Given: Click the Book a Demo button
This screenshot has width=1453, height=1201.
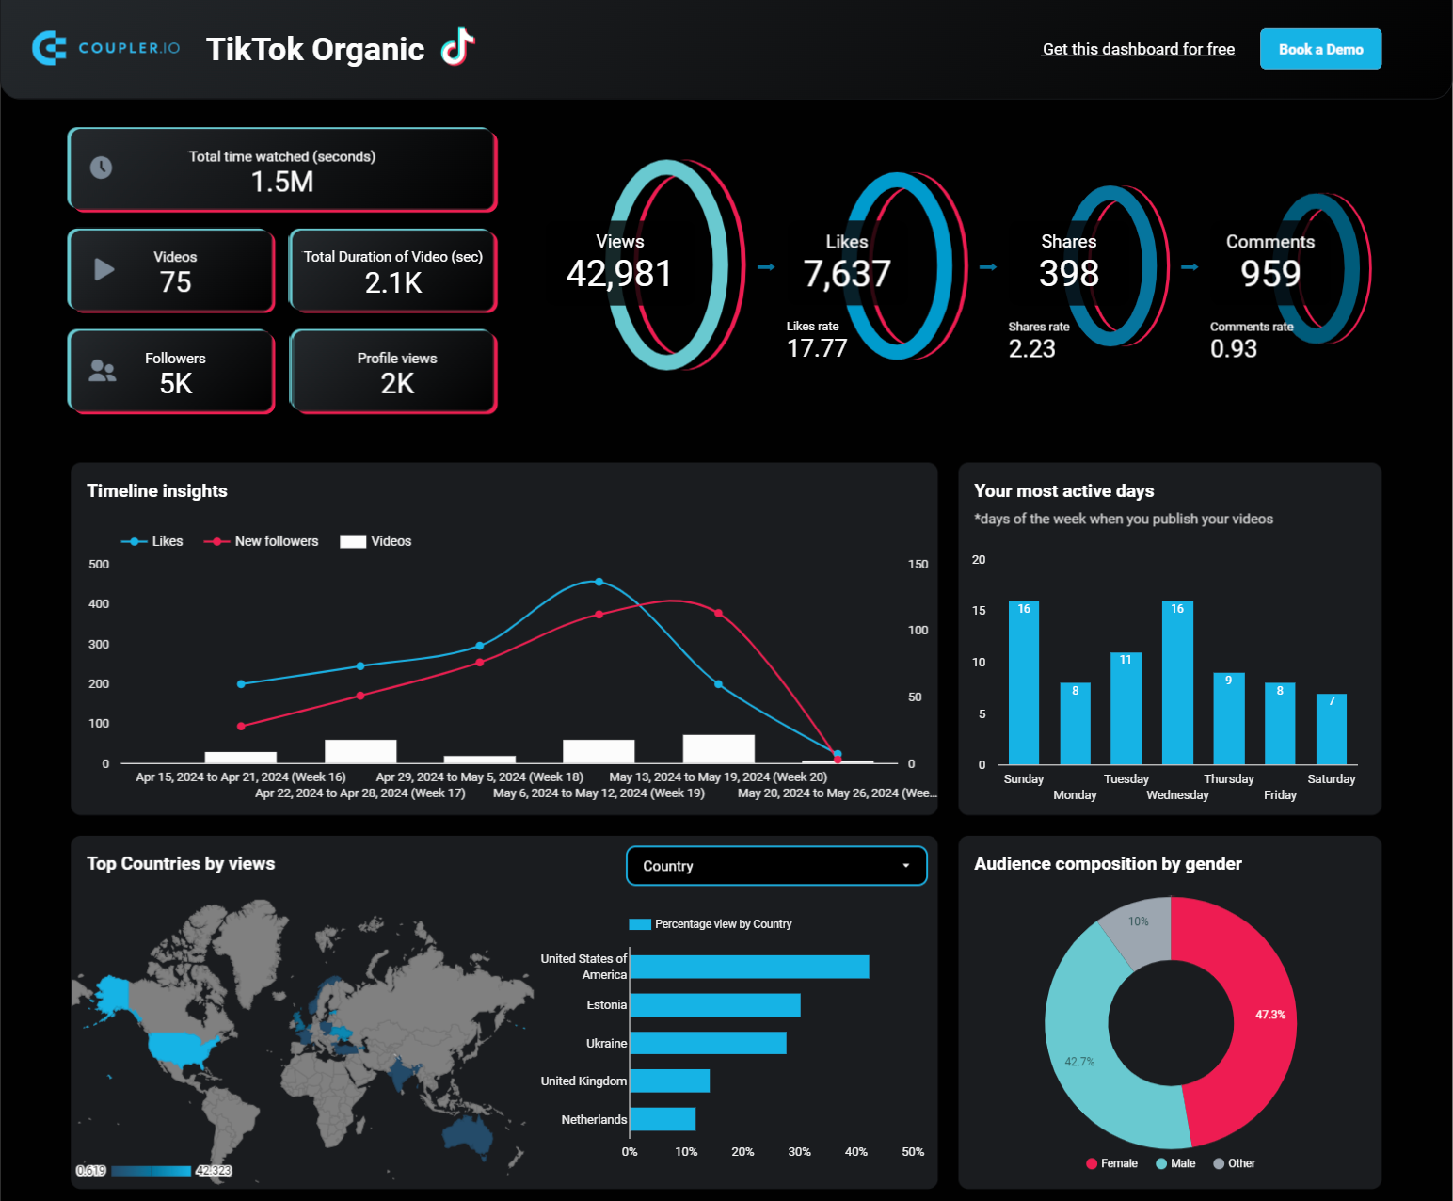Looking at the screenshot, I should click(x=1319, y=49).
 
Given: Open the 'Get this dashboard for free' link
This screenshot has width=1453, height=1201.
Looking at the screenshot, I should click(x=1138, y=49).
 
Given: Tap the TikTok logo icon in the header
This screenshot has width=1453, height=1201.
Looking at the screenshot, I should click(x=458, y=47).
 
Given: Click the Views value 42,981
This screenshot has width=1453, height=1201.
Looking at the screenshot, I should click(x=619, y=274).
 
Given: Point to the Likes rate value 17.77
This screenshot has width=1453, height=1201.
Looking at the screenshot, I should click(x=817, y=348).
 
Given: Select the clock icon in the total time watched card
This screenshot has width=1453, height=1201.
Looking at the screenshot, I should click(x=101, y=168).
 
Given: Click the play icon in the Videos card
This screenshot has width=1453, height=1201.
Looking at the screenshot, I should click(x=104, y=269).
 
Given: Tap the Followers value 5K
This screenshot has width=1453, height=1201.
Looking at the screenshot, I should click(x=176, y=383).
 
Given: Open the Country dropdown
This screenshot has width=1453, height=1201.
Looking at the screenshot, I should click(x=775, y=866).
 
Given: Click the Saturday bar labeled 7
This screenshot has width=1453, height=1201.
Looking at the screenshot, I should click(x=1331, y=729).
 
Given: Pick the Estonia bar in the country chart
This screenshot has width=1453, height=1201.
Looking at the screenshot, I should click(x=715, y=1005).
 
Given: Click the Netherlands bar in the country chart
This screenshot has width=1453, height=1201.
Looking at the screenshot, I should click(x=663, y=1119).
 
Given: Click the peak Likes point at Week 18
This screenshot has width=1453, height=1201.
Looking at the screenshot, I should click(x=599, y=582).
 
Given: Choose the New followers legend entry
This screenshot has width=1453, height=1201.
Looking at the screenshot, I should click(x=263, y=541).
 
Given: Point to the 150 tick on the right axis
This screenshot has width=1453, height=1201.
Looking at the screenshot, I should click(x=918, y=565).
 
